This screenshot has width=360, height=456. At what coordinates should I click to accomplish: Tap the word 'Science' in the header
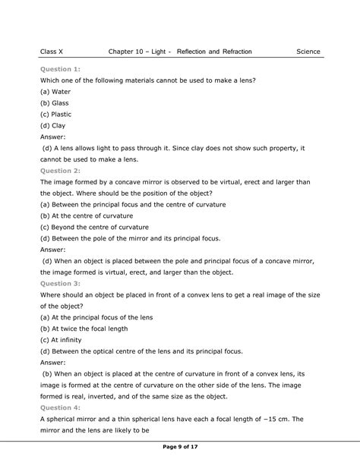coord(308,52)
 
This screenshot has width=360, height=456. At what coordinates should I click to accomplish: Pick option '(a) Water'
coord(55,91)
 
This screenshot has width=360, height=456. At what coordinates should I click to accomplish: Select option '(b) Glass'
coord(55,103)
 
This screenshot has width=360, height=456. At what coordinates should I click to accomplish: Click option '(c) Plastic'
coord(57,115)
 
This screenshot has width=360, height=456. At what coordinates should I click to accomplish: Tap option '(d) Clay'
coord(53,126)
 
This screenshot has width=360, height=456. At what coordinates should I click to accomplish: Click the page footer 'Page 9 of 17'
coord(180,446)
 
